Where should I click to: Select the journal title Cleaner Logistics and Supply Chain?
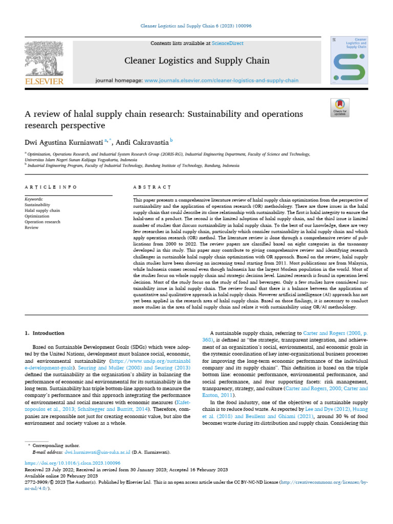click(197, 61)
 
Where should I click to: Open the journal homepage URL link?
click(222, 81)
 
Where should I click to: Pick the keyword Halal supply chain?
click(42, 210)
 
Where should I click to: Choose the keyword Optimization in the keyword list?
click(37, 216)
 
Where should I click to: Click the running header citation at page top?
click(196, 26)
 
